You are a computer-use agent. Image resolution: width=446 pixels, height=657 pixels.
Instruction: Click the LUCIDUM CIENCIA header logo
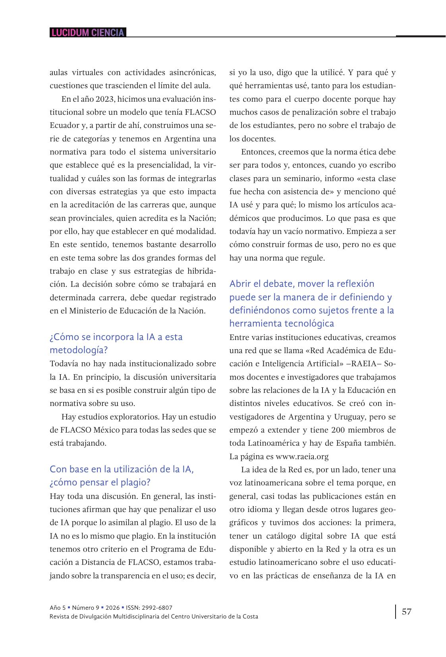(88, 33)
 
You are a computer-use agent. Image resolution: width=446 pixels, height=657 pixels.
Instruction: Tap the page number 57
(407, 611)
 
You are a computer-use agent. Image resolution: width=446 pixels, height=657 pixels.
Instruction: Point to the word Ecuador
(64, 126)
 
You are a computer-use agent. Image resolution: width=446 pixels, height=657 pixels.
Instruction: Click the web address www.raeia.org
(302, 456)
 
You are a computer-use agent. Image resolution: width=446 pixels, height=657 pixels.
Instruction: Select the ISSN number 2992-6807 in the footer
(155, 608)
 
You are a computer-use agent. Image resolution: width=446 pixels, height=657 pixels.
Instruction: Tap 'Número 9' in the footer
(85, 608)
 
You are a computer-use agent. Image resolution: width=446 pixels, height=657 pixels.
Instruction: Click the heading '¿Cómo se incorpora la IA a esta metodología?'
(116, 343)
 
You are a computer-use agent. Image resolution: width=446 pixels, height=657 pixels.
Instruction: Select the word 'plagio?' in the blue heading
(134, 482)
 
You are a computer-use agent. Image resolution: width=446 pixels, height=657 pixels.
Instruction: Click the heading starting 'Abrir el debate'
(312, 303)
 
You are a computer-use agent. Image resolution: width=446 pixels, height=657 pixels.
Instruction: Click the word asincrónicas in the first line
(193, 73)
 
